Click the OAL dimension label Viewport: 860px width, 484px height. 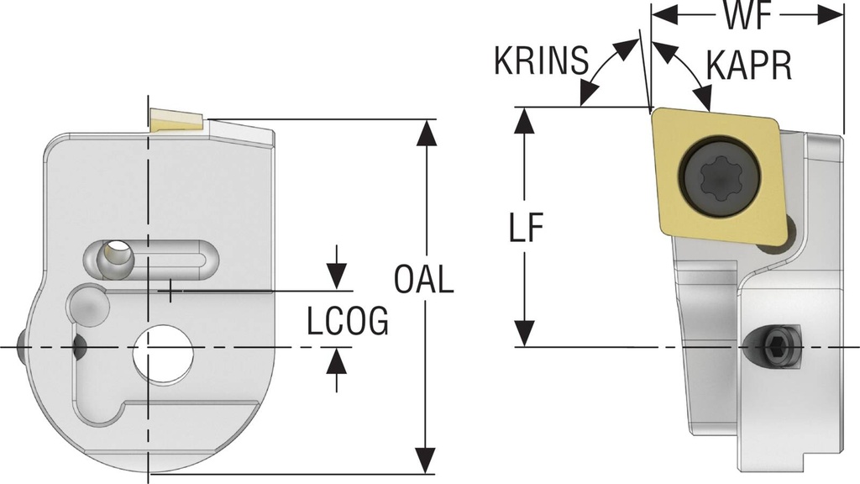424,279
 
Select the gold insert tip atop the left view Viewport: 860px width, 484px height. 175,120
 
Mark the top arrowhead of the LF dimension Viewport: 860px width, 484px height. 525,119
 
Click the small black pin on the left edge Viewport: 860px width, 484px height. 19,346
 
